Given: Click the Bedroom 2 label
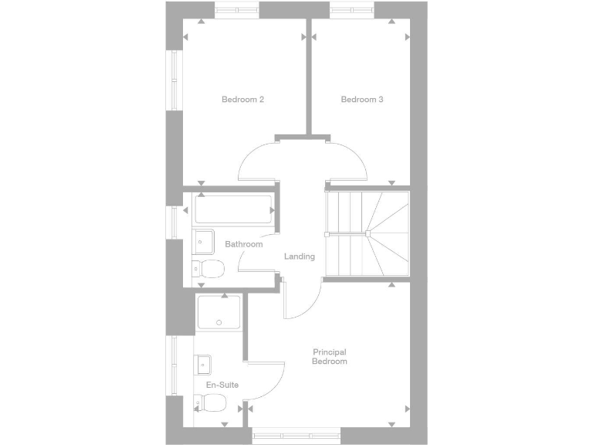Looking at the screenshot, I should tap(243, 99).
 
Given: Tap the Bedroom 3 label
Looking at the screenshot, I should tap(362, 99).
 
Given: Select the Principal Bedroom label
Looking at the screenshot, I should tap(329, 356).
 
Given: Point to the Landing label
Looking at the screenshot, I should tap(300, 256).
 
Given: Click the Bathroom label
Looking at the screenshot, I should tap(243, 244).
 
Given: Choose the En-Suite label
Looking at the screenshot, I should tap(222, 384).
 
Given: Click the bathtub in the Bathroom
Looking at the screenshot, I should tap(233, 209).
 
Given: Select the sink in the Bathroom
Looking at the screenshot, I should tap(202, 241).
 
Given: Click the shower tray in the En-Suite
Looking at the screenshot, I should tap(219, 314).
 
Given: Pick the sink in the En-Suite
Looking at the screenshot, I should tap(203, 363).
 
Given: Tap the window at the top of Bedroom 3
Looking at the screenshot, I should tap(352, 10).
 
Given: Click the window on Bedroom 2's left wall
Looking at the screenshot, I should tap(175, 80).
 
